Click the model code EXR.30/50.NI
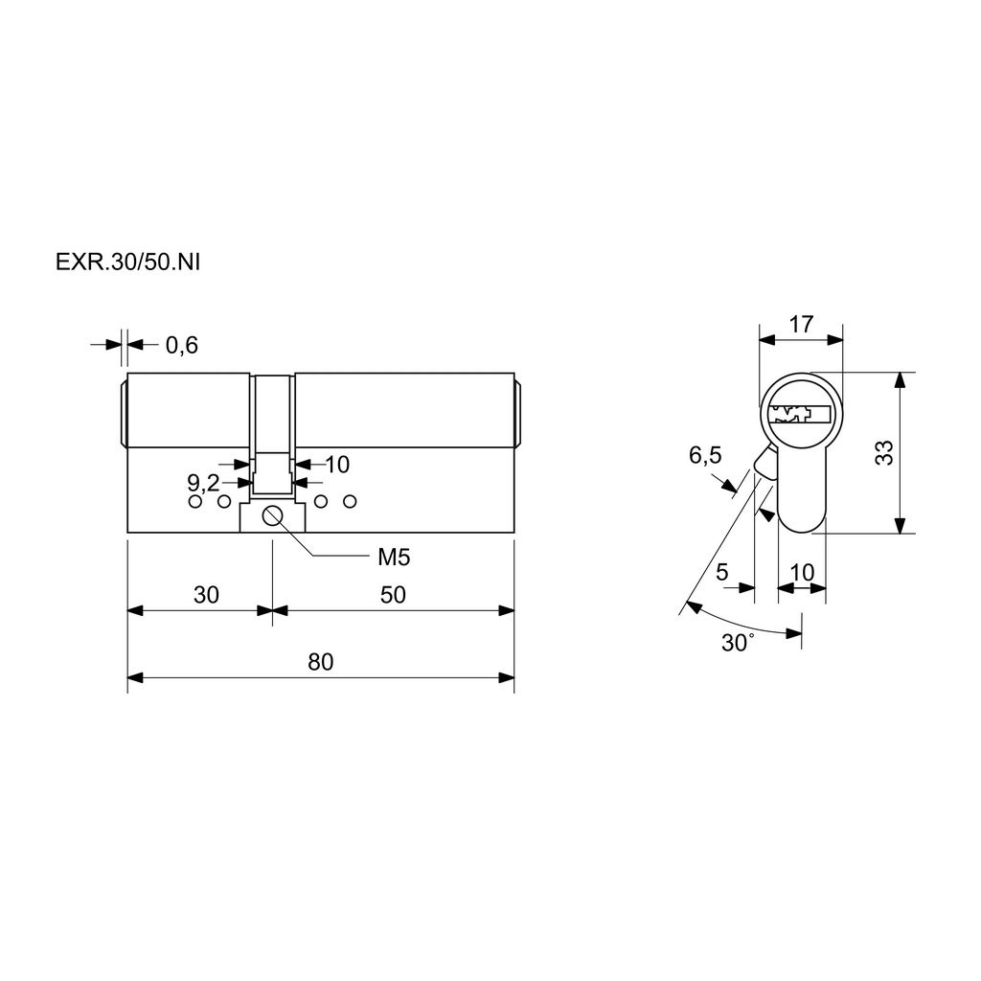[127, 262]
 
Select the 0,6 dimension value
[181, 345]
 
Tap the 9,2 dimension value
[203, 483]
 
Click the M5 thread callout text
[394, 557]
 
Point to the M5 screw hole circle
[273, 515]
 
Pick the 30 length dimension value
[206, 594]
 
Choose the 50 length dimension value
[393, 594]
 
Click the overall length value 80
[320, 662]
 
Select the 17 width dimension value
[801, 325]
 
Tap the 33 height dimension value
[883, 452]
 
